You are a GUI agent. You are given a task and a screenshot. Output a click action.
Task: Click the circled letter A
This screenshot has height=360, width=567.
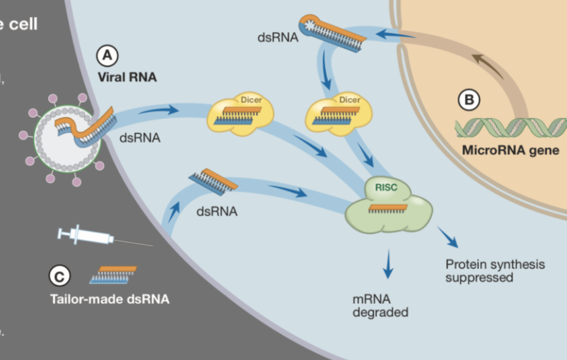click(x=107, y=56)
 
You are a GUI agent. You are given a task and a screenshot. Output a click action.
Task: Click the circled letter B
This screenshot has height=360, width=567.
click(x=469, y=100)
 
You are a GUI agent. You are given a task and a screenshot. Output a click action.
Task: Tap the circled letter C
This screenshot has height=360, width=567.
click(x=59, y=277)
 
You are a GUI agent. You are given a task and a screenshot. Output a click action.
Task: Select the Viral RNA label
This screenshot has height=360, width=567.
click(x=127, y=77)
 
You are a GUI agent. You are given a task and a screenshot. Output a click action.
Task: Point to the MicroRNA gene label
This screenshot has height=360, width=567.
click(x=510, y=151)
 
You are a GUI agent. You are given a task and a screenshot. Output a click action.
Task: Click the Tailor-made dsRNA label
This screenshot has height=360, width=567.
click(x=109, y=300)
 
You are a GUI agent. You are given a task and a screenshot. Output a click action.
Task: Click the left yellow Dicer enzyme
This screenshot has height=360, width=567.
click(x=241, y=115)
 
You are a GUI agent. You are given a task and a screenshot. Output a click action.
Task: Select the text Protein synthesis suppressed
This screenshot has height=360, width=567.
click(x=495, y=270)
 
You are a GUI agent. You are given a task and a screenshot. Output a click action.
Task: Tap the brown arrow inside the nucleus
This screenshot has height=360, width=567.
click(x=488, y=65)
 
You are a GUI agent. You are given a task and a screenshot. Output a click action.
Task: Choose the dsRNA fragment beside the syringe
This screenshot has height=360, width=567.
click(x=114, y=275)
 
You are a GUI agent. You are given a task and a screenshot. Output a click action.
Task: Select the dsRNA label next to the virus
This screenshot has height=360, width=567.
click(x=140, y=138)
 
